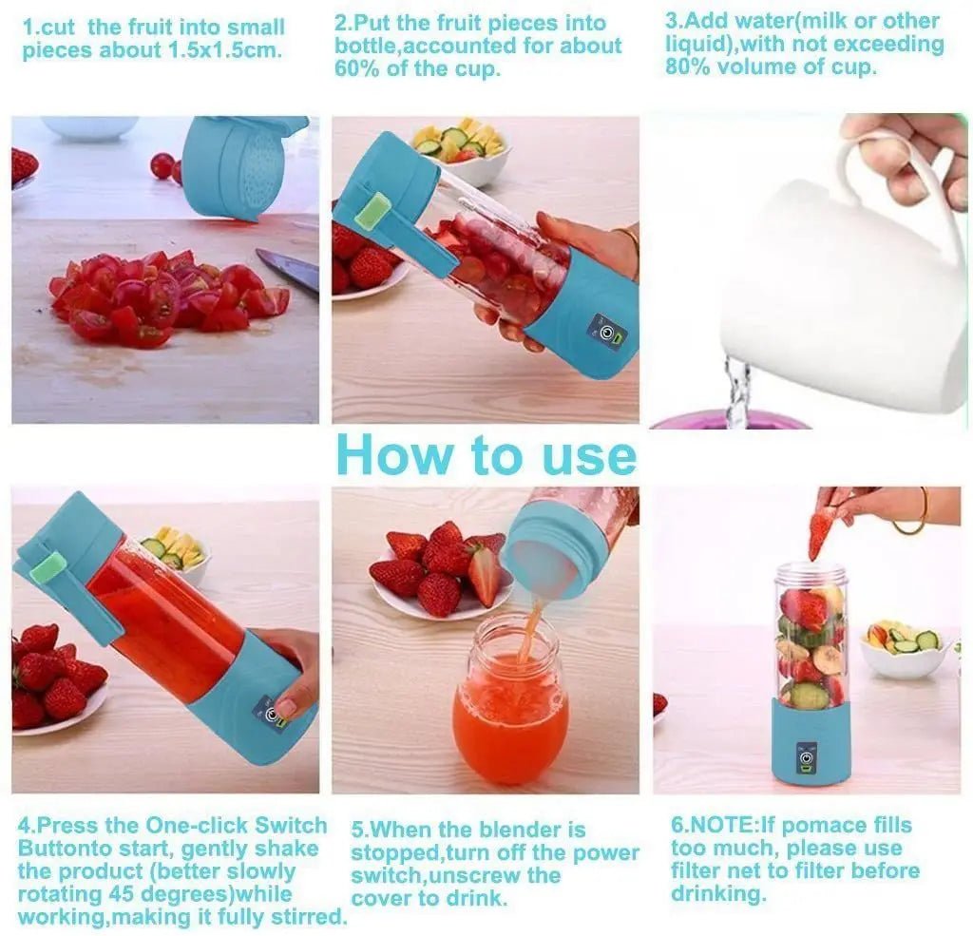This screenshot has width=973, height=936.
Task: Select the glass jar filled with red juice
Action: [x=509, y=704]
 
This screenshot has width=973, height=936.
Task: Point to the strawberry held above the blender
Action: [x=820, y=534]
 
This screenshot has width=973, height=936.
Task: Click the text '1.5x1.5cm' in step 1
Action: [x=228, y=50]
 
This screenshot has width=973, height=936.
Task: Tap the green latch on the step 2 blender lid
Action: [x=372, y=211]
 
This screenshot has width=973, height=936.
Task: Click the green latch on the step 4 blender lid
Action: [x=51, y=567]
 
